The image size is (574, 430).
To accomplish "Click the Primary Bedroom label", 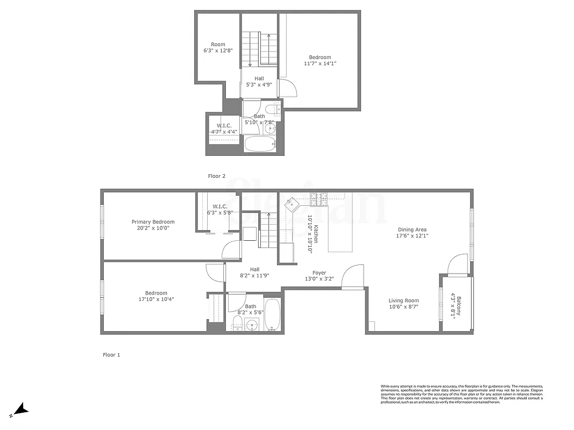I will click(x=153, y=222).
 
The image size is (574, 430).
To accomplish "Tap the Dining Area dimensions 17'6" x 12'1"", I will click(x=413, y=235).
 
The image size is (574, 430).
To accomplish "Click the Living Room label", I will click(x=403, y=301).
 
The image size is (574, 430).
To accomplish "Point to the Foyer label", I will click(x=319, y=273).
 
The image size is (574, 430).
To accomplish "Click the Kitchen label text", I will click(x=317, y=234).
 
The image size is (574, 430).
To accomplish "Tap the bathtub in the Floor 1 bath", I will click(x=272, y=316).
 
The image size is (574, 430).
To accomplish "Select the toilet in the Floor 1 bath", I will click(x=237, y=325).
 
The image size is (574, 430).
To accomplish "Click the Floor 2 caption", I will click(x=217, y=176).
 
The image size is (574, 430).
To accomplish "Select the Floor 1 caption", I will click(x=111, y=355).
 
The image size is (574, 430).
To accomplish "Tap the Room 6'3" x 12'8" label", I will click(x=218, y=47).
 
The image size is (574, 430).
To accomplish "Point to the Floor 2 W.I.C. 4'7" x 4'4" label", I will click(x=224, y=128).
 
